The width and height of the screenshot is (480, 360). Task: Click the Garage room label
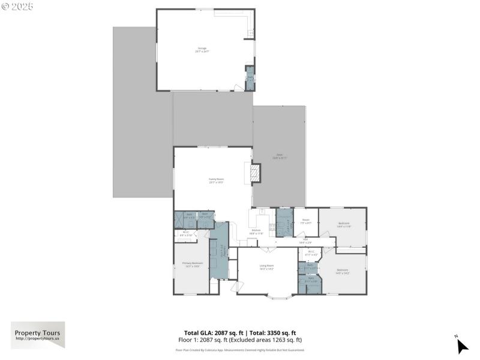point(202,49)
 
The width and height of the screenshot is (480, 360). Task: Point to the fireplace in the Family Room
point(256,173)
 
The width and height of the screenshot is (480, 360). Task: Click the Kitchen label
point(256,231)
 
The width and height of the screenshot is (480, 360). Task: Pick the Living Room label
point(266,267)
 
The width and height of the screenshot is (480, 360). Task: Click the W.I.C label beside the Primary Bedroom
point(186,233)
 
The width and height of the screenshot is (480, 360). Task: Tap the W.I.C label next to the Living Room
point(311,253)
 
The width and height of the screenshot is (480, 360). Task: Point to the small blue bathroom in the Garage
point(250,79)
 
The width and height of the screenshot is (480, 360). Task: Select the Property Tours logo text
point(36,333)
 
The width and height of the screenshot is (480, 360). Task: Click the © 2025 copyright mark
point(18,6)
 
